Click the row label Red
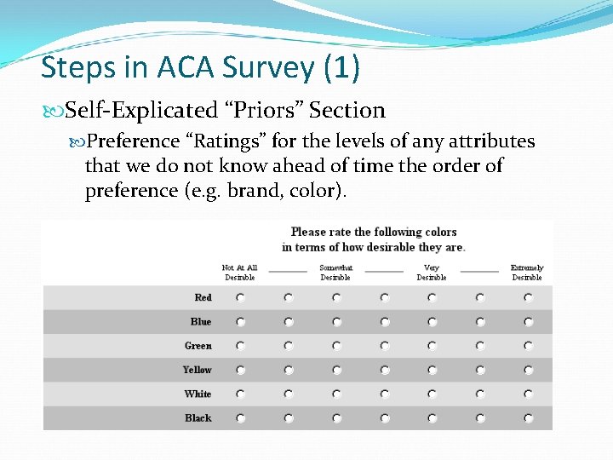click(x=203, y=297)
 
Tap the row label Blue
click(x=201, y=321)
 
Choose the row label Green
click(x=198, y=346)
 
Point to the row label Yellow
click(x=198, y=370)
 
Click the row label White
click(x=198, y=394)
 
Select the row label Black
click(x=198, y=417)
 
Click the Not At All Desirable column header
click(x=239, y=273)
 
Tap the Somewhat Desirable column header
click(x=335, y=273)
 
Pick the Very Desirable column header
click(x=432, y=273)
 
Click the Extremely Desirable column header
click(x=527, y=273)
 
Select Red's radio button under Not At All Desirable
click(x=240, y=297)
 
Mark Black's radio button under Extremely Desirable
click(x=528, y=418)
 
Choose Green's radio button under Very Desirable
click(x=432, y=346)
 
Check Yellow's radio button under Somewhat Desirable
click(x=336, y=370)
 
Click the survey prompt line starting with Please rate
click(x=374, y=232)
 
